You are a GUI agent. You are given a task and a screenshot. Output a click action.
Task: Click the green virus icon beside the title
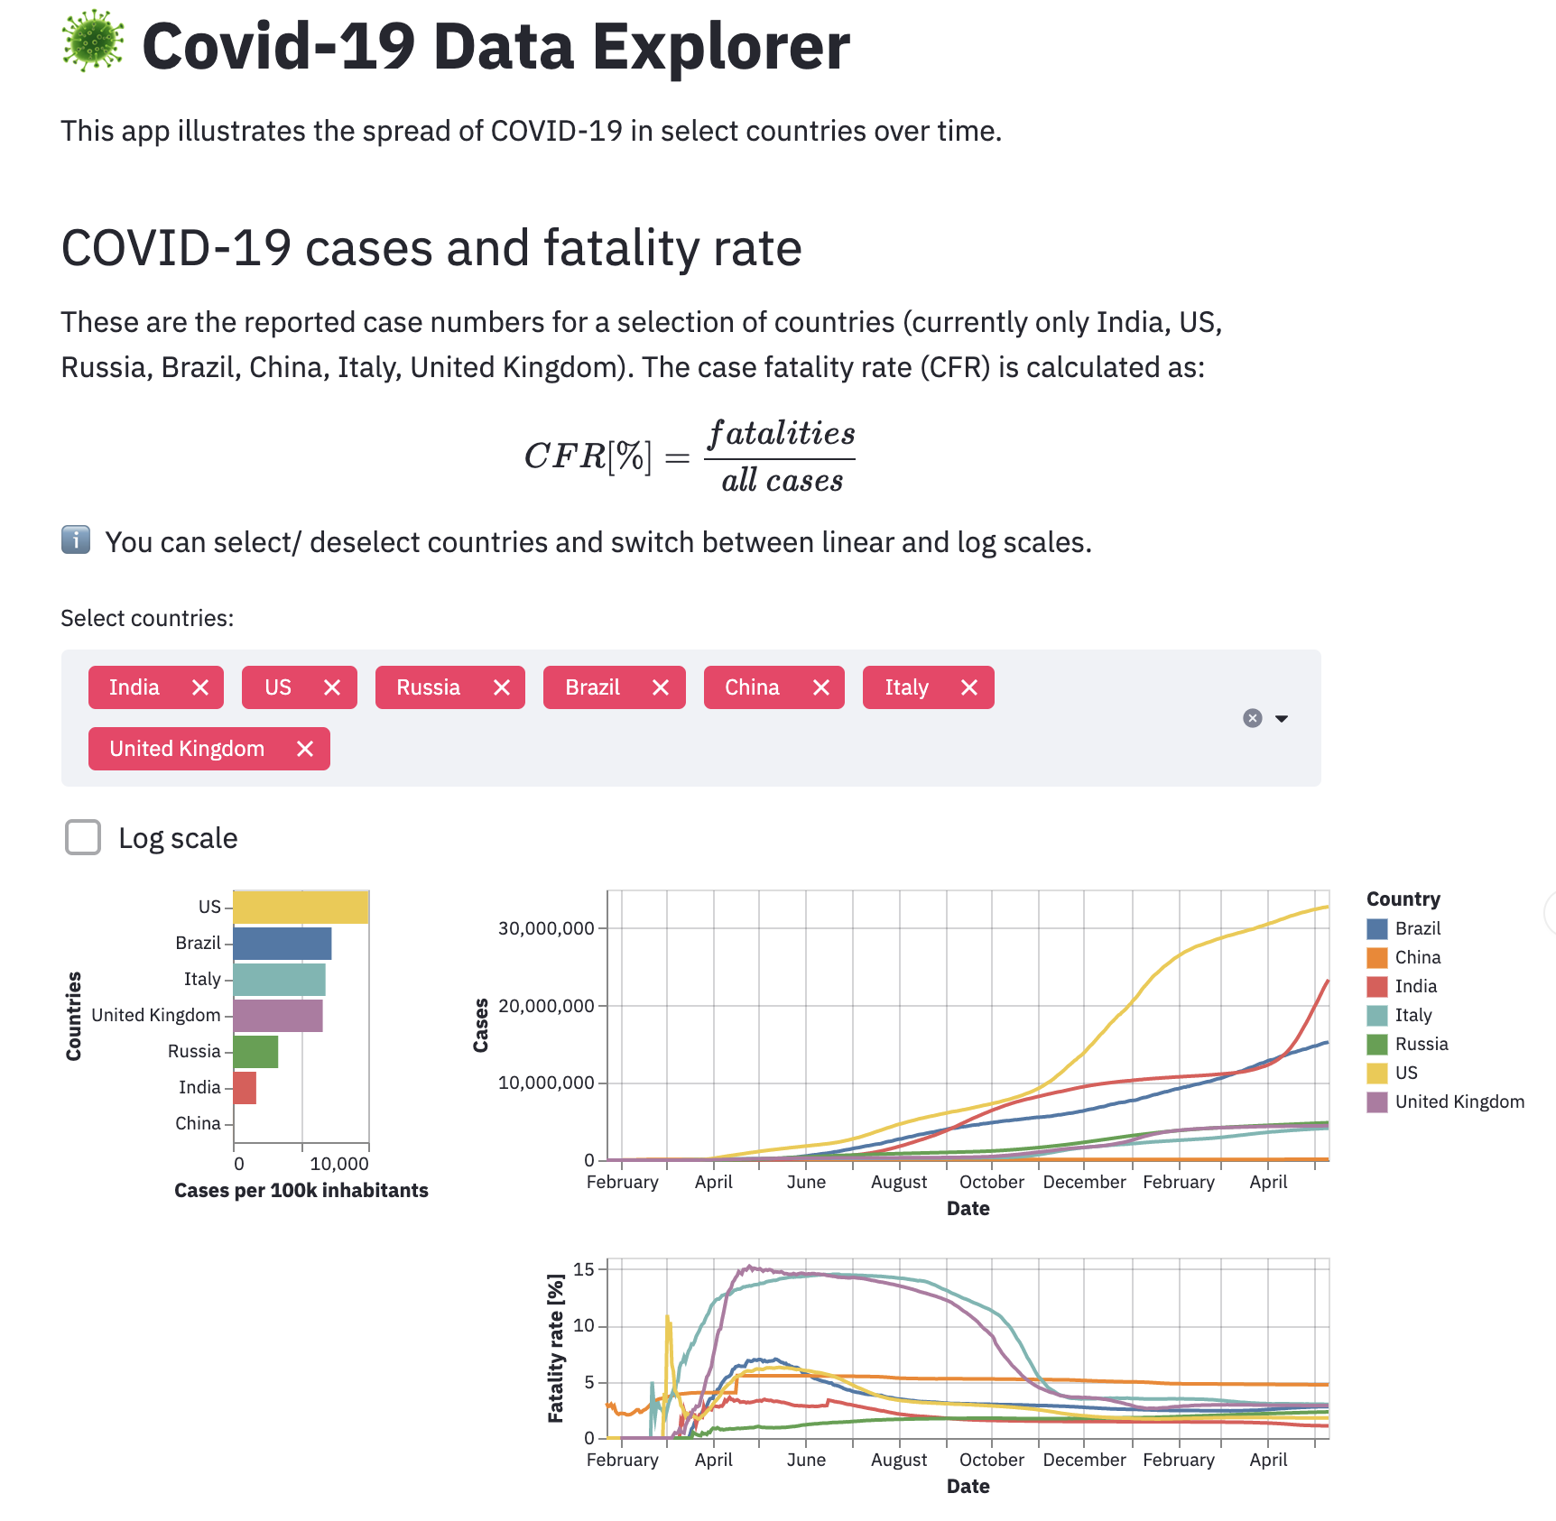tap(93, 41)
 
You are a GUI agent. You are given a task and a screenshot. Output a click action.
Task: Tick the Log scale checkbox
tap(83, 837)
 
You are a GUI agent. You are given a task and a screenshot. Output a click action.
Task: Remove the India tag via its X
tap(200, 687)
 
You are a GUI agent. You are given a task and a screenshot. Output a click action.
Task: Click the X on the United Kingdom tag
tap(305, 749)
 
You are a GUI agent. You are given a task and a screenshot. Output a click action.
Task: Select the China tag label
tap(752, 687)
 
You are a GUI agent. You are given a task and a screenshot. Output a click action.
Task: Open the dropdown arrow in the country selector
tap(1282, 719)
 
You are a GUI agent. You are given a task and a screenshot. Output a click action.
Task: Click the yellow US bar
tap(301, 907)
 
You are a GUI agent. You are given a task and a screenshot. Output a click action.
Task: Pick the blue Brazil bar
tap(282, 943)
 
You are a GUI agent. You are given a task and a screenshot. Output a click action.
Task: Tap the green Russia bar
tap(255, 1051)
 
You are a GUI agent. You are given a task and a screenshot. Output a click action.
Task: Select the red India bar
tap(245, 1087)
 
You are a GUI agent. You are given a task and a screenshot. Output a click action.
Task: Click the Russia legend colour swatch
tap(1377, 1044)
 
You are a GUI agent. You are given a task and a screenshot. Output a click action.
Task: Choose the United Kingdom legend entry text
tap(1459, 1102)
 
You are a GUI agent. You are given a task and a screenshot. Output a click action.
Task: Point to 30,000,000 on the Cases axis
tap(546, 928)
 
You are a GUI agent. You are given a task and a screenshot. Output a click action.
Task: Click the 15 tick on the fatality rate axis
tap(584, 1269)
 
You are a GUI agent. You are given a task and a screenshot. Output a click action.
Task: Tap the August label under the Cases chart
tap(899, 1182)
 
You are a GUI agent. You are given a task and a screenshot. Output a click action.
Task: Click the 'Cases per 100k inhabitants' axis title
tap(301, 1191)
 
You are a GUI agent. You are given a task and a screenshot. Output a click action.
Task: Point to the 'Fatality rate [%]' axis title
tap(556, 1348)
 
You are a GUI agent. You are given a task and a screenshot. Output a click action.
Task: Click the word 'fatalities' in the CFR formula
tap(782, 434)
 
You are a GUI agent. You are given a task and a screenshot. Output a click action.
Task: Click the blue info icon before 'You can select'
tap(76, 539)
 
